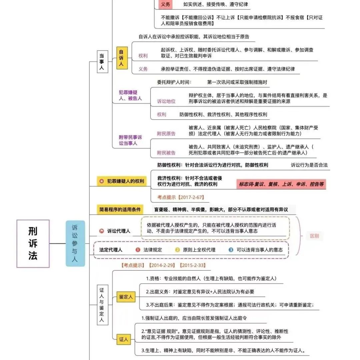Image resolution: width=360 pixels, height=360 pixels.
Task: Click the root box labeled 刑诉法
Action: tap(33, 243)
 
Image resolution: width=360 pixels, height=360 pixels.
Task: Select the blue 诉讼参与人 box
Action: tap(75, 243)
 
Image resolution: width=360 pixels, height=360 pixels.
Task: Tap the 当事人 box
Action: tap(102, 62)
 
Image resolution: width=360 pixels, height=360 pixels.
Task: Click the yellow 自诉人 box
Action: tap(122, 58)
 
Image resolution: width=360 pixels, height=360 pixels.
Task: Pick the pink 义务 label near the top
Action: tap(166, 4)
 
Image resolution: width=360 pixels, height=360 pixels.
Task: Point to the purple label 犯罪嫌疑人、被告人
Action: tap(130, 95)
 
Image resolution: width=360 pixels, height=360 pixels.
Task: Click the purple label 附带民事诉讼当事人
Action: tap(130, 140)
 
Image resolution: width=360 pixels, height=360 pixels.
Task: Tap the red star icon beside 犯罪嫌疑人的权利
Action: tap(102, 181)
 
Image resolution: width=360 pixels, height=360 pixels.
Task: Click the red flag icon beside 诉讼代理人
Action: tap(102, 231)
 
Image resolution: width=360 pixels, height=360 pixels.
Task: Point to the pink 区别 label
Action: tap(314, 236)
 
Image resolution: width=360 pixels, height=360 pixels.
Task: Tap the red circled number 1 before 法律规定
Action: tap(138, 250)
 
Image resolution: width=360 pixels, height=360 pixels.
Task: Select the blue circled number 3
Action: tap(231, 250)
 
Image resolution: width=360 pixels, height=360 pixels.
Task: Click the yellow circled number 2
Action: tap(177, 250)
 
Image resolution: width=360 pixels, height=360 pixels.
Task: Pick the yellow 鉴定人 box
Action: tap(126, 297)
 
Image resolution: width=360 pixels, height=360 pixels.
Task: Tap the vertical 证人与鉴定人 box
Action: tap(102, 305)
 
